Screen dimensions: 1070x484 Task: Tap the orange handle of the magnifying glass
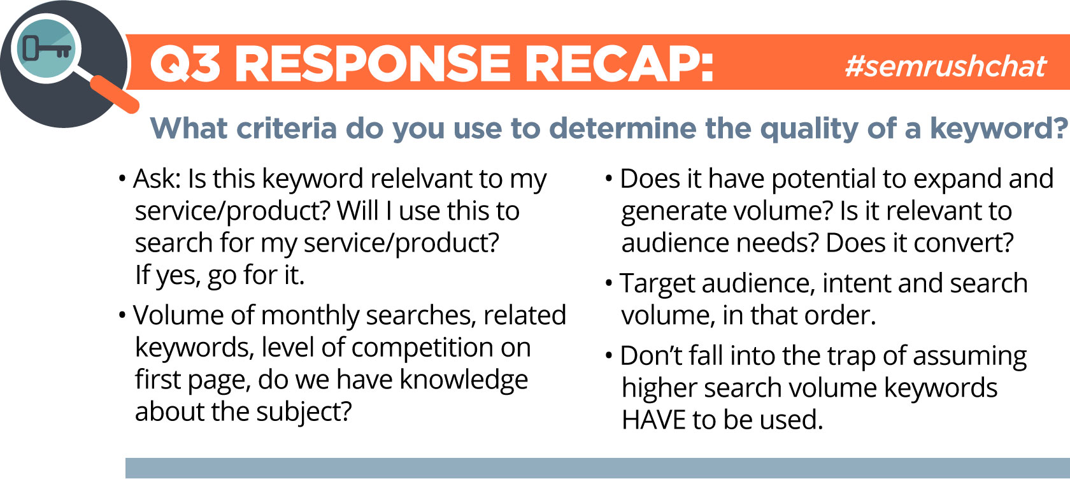click(115, 94)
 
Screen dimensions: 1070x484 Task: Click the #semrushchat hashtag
click(945, 66)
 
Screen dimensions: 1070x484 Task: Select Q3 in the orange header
click(185, 64)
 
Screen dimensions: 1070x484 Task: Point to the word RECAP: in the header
click(619, 64)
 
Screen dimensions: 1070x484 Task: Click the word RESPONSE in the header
click(373, 64)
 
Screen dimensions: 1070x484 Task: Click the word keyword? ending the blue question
click(998, 129)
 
